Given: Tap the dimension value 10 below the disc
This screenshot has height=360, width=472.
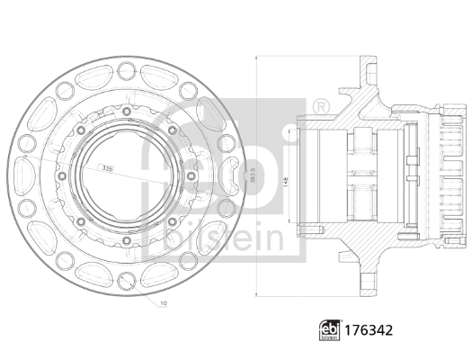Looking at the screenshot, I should point(162,303).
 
